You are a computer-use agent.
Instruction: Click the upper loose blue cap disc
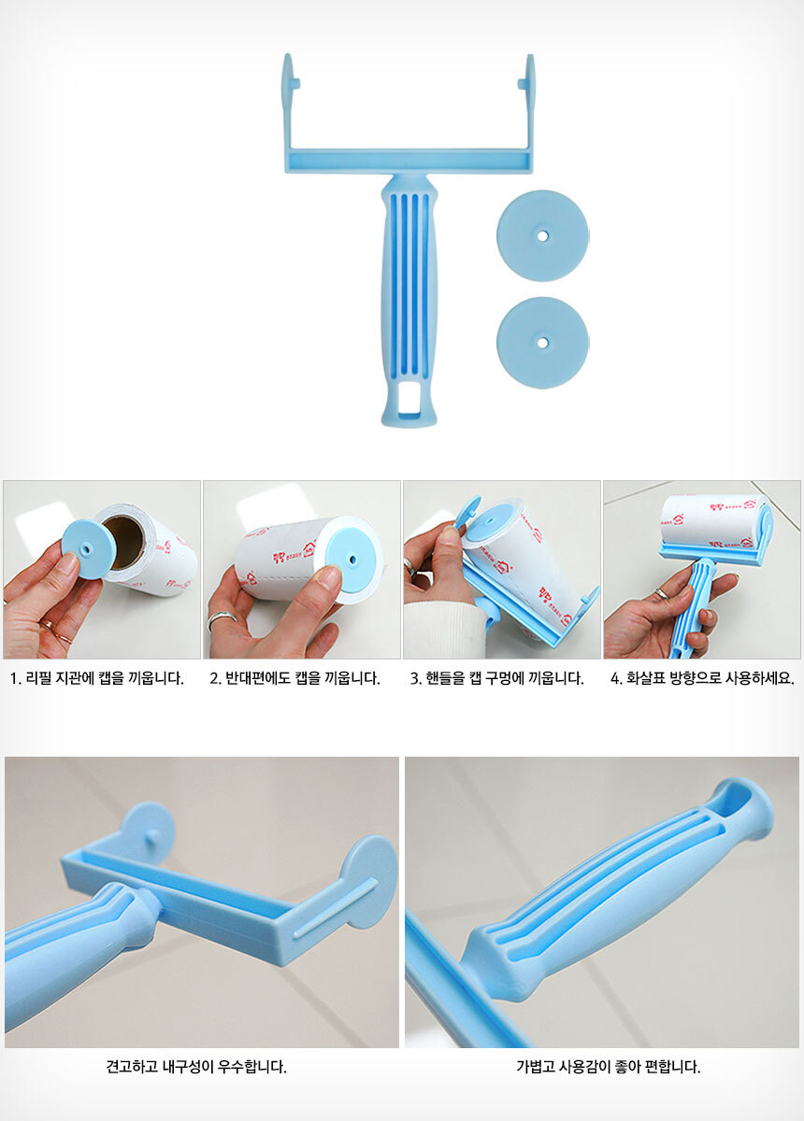(x=542, y=235)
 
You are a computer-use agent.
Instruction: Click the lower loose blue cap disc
(x=542, y=343)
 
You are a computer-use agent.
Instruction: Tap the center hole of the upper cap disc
(x=542, y=234)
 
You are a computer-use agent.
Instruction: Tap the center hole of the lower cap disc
(x=542, y=343)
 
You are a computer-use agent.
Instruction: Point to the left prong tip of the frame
(x=288, y=54)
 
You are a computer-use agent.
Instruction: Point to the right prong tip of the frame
(x=530, y=55)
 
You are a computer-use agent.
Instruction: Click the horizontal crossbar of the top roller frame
(x=409, y=162)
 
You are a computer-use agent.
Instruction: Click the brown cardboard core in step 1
(x=123, y=543)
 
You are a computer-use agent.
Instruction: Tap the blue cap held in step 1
(x=82, y=549)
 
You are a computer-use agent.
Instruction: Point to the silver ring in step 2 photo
(x=222, y=620)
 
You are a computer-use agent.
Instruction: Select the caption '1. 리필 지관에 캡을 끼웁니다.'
(x=96, y=678)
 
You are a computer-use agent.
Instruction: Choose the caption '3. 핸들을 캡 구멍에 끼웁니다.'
(x=497, y=678)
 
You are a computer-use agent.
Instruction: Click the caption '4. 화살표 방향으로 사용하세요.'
(x=702, y=678)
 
